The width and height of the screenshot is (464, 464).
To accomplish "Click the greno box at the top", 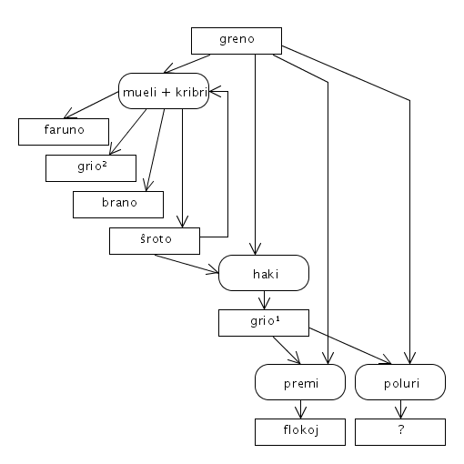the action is [237, 41].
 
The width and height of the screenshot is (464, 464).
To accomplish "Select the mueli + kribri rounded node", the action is [164, 91].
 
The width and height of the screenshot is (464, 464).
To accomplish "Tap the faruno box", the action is [64, 132].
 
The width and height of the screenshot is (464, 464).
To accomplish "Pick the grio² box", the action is [91, 168].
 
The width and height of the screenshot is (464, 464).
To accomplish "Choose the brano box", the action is [118, 205].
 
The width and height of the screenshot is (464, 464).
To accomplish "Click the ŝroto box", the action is [155, 241].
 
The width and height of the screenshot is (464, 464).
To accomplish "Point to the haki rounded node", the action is [264, 273].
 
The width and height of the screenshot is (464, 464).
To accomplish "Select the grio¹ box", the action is [264, 323].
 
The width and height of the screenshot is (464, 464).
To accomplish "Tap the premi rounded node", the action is [300, 382].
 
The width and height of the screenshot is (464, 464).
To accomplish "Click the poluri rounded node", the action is [400, 382].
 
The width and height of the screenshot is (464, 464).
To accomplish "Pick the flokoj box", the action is [300, 432].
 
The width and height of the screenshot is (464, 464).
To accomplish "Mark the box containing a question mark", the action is [400, 432].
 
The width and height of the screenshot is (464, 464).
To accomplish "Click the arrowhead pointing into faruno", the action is [68, 115].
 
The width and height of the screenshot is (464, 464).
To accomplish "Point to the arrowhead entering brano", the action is [147, 186].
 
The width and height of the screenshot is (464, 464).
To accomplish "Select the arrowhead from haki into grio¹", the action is [264, 304].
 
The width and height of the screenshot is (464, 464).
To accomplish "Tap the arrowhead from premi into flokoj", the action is [300, 413].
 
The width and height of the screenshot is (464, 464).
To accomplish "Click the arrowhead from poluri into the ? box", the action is [400, 413].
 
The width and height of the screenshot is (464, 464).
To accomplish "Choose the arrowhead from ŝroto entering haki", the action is [214, 270].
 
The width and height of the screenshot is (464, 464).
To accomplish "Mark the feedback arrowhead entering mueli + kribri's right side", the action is [214, 91].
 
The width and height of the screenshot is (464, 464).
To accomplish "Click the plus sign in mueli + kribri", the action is [166, 92].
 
